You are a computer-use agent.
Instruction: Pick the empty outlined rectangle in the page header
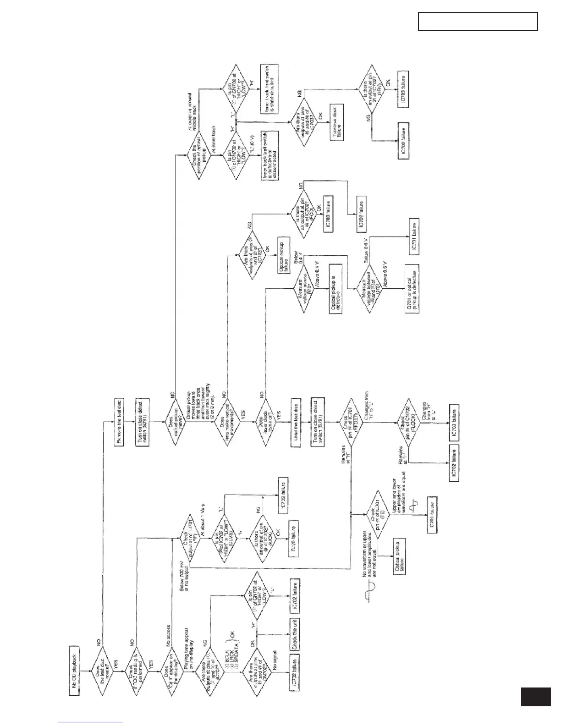pos(478,22)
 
